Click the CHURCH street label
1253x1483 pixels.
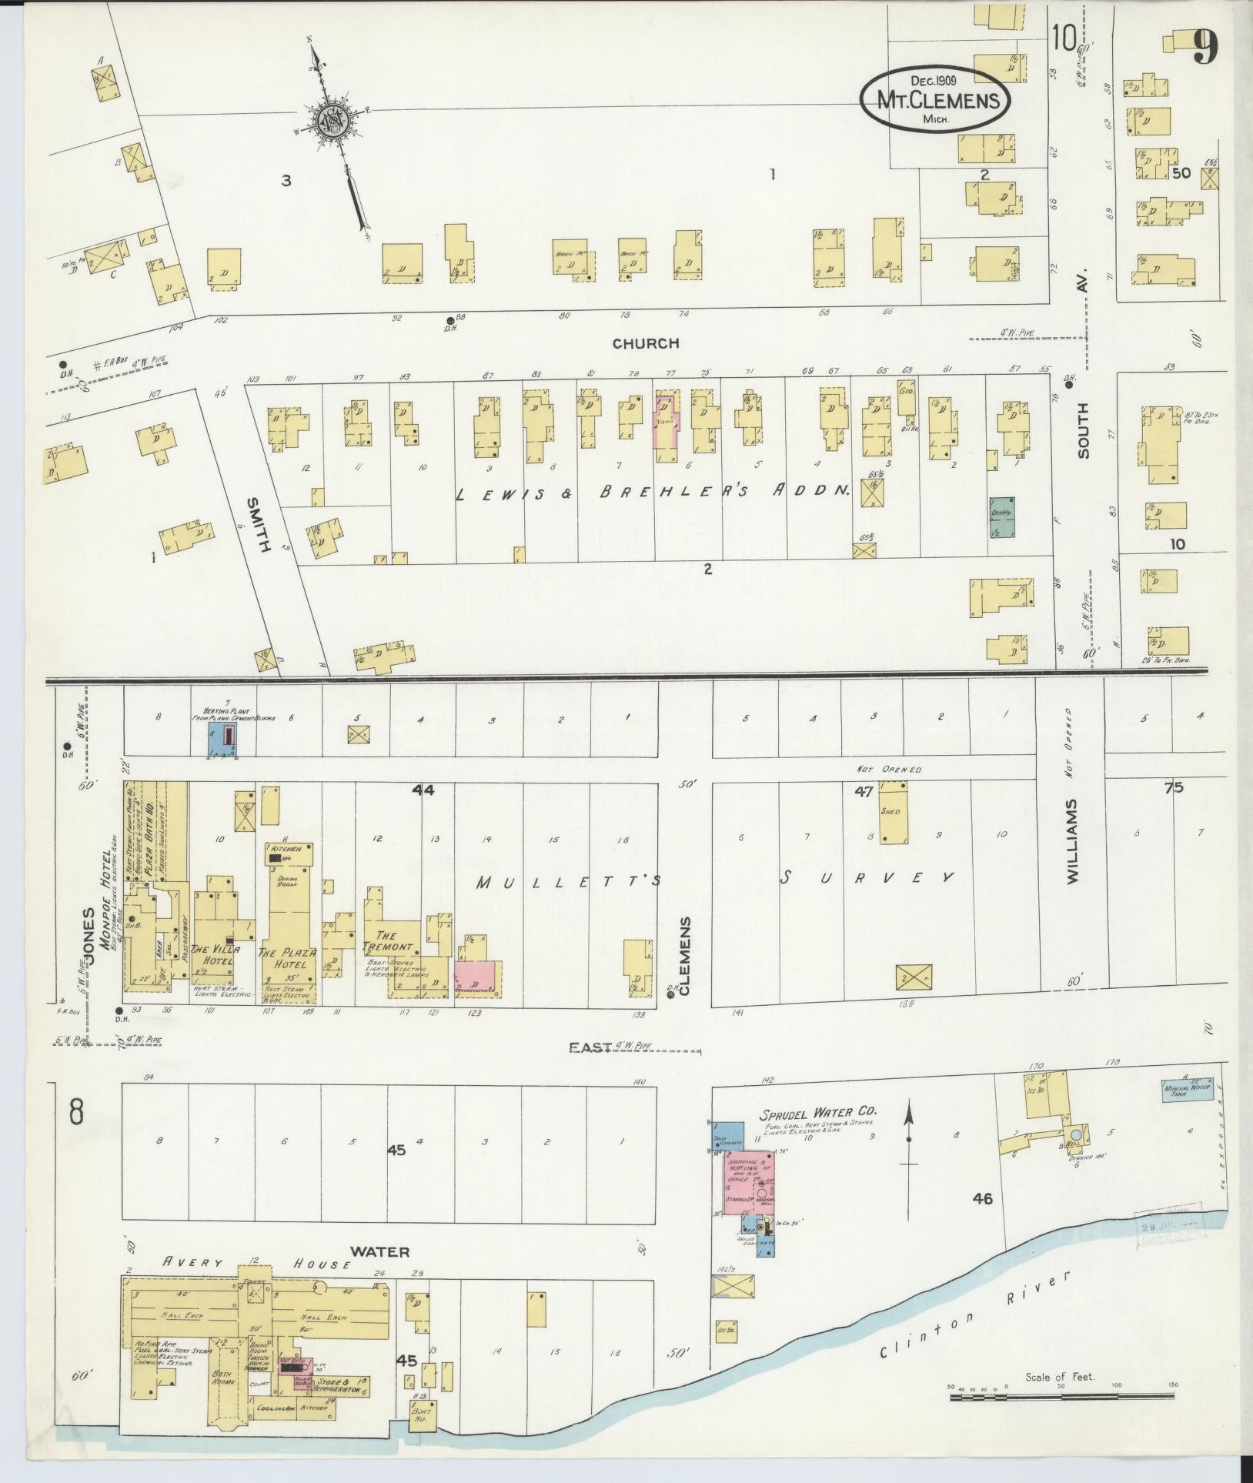tap(646, 343)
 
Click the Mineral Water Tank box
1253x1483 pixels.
tap(1188, 1091)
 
